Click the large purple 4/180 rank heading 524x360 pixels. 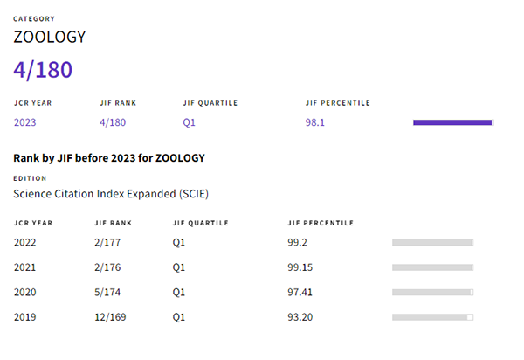(x=42, y=70)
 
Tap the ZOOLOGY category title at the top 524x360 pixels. (x=49, y=38)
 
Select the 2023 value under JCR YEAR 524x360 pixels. (x=25, y=122)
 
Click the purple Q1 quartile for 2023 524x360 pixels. (x=189, y=122)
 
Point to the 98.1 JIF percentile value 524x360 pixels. (x=314, y=122)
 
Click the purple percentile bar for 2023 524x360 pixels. (x=452, y=122)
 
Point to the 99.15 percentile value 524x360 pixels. (x=300, y=267)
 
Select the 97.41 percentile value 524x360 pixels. (x=300, y=292)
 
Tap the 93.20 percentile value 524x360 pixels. (x=300, y=316)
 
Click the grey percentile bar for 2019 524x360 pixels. (x=432, y=316)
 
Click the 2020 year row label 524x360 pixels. (x=25, y=292)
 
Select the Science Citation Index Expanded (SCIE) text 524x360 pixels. (x=111, y=193)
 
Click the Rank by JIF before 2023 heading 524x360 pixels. (x=108, y=158)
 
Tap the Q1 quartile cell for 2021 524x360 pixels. (x=179, y=267)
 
